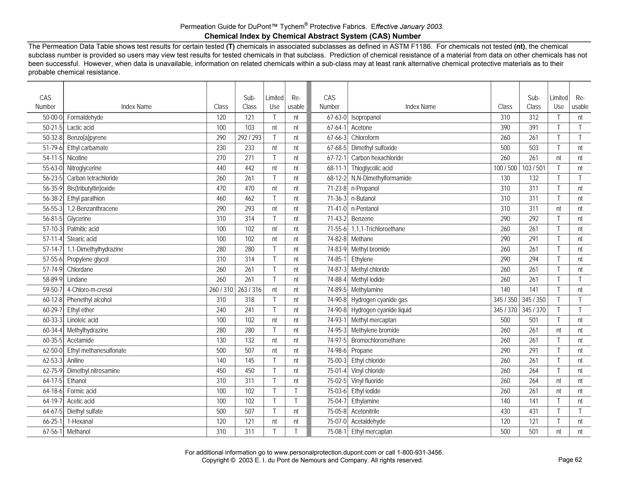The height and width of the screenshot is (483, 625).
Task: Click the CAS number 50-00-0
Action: (x=52, y=118)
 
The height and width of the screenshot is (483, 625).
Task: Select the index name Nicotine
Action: (x=77, y=158)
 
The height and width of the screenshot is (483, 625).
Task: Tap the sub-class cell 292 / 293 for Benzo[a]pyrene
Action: (x=249, y=138)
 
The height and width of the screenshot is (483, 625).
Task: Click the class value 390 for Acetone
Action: (x=505, y=128)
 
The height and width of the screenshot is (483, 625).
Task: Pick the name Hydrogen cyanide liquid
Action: (x=381, y=310)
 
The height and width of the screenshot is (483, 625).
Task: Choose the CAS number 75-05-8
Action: (x=337, y=412)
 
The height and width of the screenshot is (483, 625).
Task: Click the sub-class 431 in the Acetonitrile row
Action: (x=533, y=412)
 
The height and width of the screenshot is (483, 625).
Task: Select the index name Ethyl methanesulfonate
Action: (x=96, y=351)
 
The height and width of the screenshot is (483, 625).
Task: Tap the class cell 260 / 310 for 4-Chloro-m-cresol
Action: (x=221, y=290)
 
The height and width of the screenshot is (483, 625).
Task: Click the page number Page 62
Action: (x=570, y=460)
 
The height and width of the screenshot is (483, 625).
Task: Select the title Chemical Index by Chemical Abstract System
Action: (x=312, y=36)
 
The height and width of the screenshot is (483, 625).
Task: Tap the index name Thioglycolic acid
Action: (x=372, y=168)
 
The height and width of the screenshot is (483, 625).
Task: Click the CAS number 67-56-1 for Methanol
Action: (x=52, y=432)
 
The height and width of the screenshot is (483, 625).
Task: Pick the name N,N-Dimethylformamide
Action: (x=381, y=178)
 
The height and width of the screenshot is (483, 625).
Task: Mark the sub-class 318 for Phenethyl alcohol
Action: (x=249, y=300)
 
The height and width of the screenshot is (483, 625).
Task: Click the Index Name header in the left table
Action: (x=136, y=107)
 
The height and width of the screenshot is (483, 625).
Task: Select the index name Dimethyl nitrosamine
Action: (x=93, y=371)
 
